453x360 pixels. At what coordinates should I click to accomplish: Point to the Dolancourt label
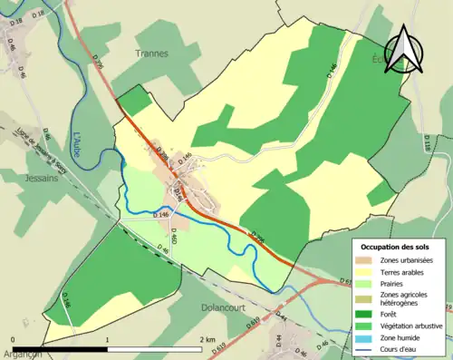[226, 307]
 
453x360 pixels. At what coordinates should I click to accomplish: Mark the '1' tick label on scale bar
[108, 341]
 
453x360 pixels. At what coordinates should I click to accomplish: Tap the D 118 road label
[427, 145]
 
